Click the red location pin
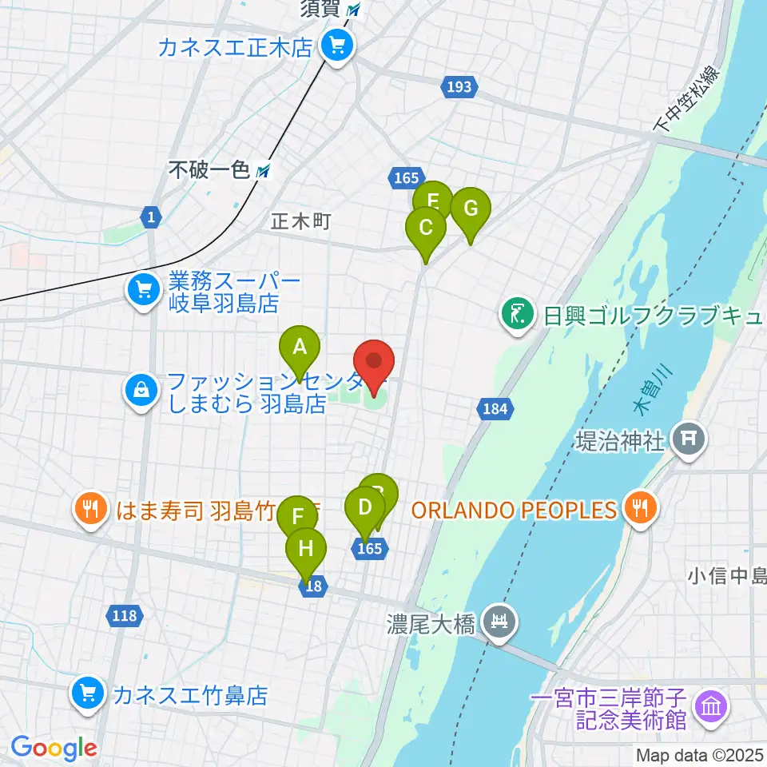coord(374,364)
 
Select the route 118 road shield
coord(124,615)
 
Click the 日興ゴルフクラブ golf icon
coord(517,313)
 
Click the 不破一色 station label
coord(209,170)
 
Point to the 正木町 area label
coord(300,222)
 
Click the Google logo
coord(54,748)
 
